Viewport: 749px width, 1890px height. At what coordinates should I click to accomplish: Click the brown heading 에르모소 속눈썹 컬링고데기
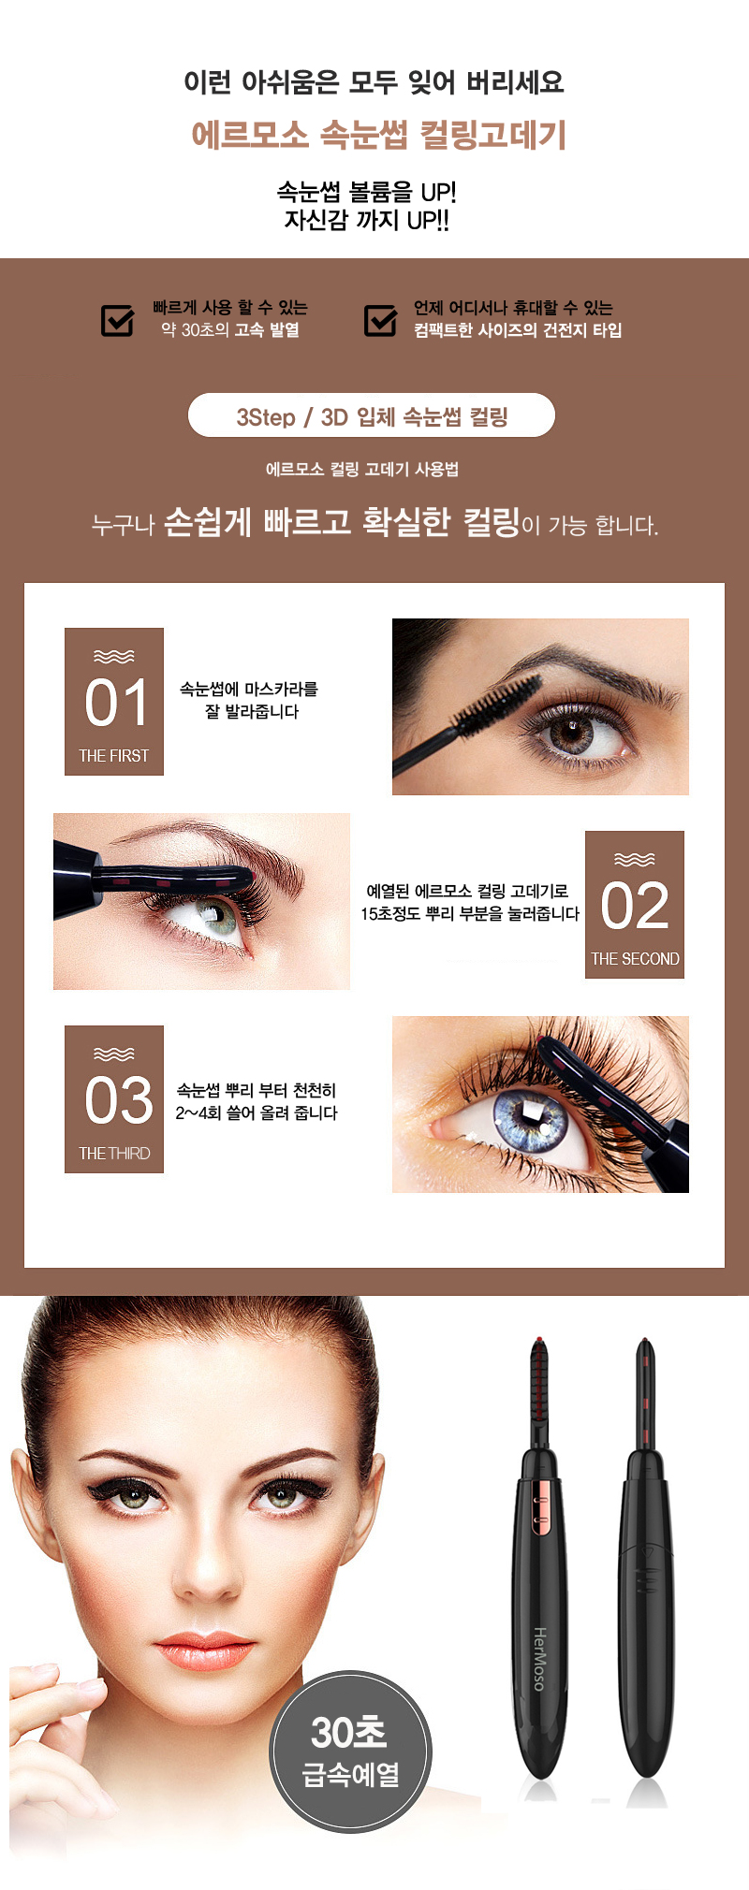tap(379, 135)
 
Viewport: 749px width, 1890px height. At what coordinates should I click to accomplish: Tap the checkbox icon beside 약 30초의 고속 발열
tap(118, 319)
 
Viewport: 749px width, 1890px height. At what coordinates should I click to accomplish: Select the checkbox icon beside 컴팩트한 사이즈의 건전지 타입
tap(381, 319)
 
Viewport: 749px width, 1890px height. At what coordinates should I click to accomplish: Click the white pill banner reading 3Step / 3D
tap(372, 415)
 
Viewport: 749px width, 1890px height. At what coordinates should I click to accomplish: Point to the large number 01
tap(116, 704)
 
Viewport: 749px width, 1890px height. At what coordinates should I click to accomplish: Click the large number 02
tap(635, 906)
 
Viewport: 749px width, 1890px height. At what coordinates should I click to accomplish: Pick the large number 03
tap(118, 1100)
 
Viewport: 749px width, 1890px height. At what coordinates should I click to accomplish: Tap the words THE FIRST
tap(114, 756)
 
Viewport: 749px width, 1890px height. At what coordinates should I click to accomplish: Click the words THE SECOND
tap(635, 959)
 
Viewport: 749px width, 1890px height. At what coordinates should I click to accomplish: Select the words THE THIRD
tap(114, 1154)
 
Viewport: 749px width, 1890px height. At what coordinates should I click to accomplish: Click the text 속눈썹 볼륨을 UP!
tap(366, 192)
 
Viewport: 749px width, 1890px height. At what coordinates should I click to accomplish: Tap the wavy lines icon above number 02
tap(635, 860)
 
